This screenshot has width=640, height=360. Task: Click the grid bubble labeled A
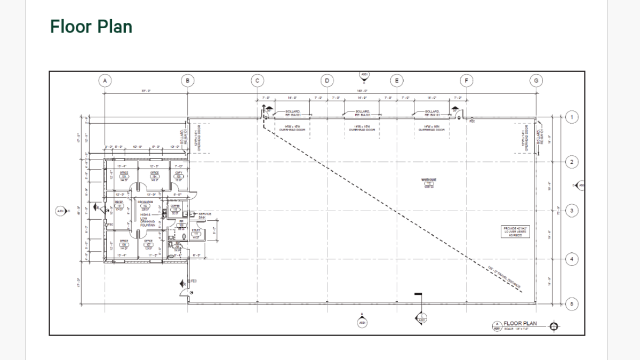pyautogui.click(x=105, y=81)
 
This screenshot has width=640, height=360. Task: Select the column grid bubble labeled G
pyautogui.click(x=536, y=81)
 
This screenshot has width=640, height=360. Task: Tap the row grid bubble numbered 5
pyautogui.click(x=571, y=305)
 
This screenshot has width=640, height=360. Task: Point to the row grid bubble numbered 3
pyautogui.click(x=571, y=211)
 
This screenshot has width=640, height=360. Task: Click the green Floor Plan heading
pyautogui.click(x=91, y=27)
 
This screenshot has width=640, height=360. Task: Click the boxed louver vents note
pyautogui.click(x=515, y=231)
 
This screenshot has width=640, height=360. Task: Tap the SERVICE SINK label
pyautogui.click(x=205, y=215)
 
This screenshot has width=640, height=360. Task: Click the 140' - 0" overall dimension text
pyautogui.click(x=362, y=91)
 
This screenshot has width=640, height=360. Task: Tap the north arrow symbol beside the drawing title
pyautogui.click(x=554, y=326)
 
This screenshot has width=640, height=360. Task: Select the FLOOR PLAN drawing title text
pyautogui.click(x=520, y=323)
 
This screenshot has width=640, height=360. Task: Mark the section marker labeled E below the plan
pyautogui.click(x=421, y=318)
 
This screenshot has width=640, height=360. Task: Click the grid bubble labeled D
pyautogui.click(x=327, y=81)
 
